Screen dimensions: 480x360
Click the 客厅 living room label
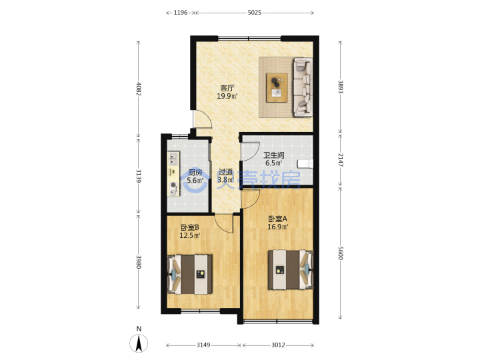227,88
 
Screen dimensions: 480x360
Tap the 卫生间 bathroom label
274,155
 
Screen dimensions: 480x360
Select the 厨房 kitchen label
195,173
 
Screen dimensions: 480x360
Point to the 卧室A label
278,219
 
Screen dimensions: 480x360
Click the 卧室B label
190,227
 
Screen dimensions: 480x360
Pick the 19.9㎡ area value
227,96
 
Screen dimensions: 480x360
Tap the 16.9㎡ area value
278,227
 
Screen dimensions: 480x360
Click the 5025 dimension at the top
255,13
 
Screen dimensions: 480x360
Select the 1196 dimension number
181,13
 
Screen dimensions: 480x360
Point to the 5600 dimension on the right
341,253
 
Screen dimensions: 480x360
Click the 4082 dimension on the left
139,89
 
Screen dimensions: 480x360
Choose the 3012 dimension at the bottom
278,345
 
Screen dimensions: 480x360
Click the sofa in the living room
303,87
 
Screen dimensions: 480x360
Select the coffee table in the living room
277,87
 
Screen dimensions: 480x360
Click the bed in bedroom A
291,270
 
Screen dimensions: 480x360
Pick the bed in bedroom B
190,274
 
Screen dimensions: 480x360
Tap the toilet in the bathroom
305,163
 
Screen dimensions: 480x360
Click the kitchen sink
173,158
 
